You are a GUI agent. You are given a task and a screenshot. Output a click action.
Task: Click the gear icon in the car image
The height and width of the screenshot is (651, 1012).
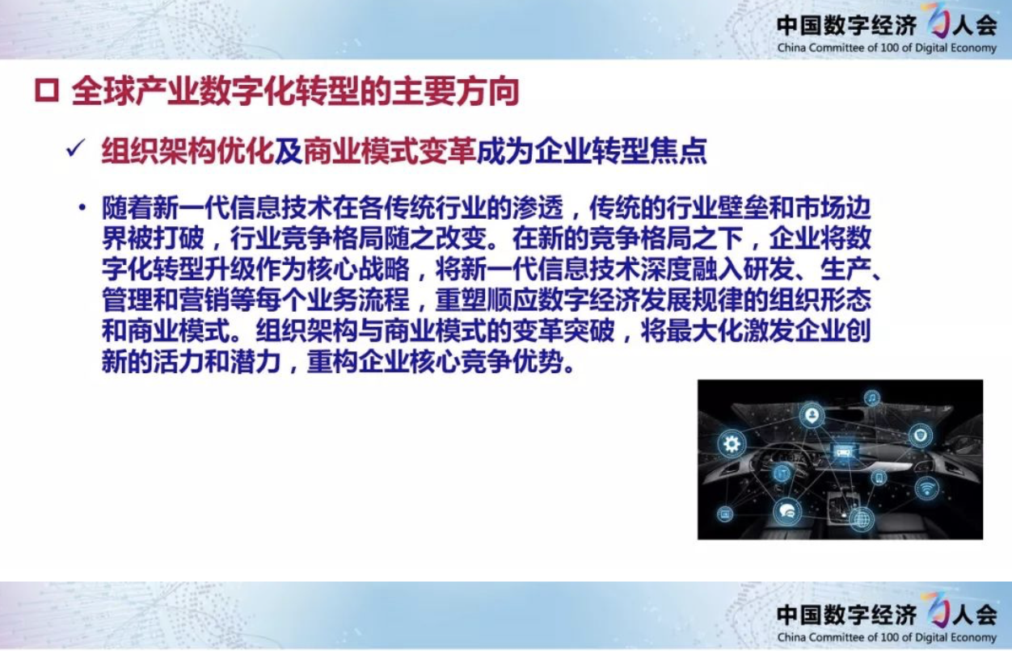(732, 444)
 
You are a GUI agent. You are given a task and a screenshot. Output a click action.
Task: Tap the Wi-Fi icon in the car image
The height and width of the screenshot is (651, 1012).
(926, 489)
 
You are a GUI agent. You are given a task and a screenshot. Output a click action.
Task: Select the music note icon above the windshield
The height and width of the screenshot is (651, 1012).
(872, 398)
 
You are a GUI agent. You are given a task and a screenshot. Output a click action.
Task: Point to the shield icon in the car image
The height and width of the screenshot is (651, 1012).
(921, 435)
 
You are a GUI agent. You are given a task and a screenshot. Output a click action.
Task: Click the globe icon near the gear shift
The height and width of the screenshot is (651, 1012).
(861, 519)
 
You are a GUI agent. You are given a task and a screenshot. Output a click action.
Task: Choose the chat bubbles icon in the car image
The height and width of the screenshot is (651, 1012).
(787, 512)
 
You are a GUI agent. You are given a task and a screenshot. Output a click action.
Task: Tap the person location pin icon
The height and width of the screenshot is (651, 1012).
(812, 415)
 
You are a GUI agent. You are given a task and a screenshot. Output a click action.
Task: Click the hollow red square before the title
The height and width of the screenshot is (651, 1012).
(47, 90)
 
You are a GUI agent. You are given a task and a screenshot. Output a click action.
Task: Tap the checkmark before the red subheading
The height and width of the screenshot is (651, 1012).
(75, 148)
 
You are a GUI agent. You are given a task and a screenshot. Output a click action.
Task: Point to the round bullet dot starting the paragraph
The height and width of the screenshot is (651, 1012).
(82, 208)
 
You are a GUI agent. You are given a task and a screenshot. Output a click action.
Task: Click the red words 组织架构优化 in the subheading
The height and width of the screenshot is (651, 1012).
(188, 151)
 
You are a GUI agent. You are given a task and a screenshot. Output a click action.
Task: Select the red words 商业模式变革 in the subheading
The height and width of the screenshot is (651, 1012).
(390, 151)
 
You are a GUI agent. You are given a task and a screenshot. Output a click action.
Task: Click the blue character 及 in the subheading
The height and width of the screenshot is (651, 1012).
(289, 151)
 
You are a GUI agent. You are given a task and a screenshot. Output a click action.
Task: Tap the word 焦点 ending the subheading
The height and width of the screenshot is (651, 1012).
(678, 151)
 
